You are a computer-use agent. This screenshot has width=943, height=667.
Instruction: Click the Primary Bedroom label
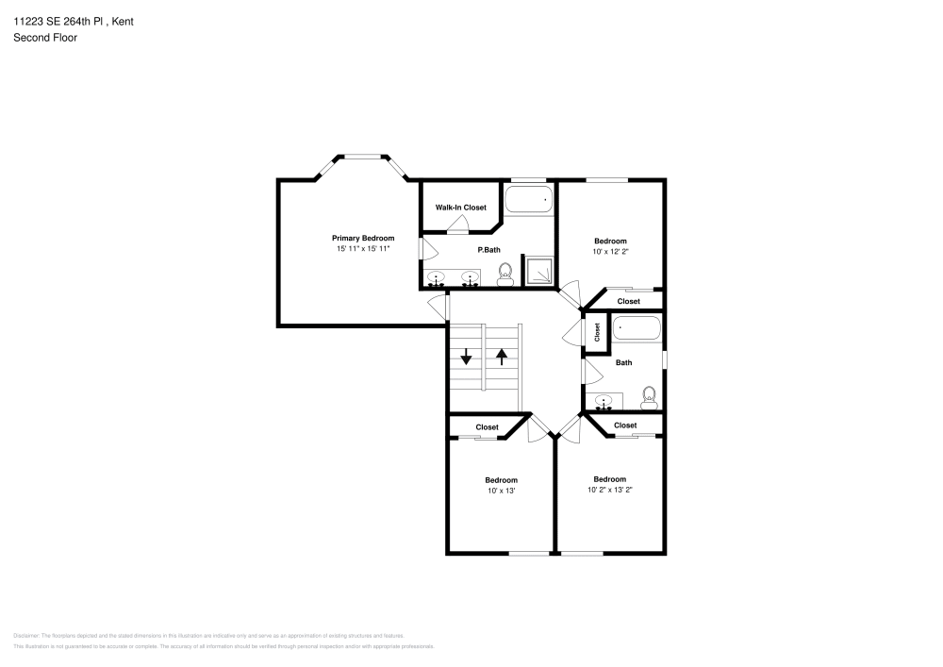pyautogui.click(x=362, y=238)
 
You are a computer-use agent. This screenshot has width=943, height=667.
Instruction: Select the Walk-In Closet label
pyautogui.click(x=460, y=207)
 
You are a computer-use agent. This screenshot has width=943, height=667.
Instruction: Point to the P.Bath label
pyautogui.click(x=488, y=250)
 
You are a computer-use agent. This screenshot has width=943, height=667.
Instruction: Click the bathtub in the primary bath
pyautogui.click(x=528, y=200)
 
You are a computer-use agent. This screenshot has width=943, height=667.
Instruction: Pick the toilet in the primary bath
pyautogui.click(x=505, y=275)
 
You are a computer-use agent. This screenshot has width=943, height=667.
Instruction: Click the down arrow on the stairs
pyautogui.click(x=466, y=357)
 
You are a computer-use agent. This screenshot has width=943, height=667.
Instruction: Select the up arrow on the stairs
pyautogui.click(x=502, y=357)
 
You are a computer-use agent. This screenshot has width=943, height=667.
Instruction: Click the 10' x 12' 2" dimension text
pyautogui.click(x=609, y=252)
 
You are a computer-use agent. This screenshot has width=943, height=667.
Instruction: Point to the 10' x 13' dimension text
pyautogui.click(x=501, y=491)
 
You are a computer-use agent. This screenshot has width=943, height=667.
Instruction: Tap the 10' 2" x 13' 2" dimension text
pyautogui.click(x=609, y=490)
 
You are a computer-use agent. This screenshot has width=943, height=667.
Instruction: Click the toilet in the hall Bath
pyautogui.click(x=649, y=395)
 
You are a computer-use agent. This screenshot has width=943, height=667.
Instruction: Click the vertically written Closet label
pyautogui.click(x=597, y=332)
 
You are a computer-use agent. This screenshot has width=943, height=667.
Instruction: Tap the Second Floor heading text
pyautogui.click(x=45, y=38)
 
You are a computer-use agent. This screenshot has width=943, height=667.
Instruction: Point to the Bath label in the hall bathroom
pyautogui.click(x=623, y=362)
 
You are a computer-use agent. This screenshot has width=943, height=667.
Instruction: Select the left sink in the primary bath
pyautogui.click(x=438, y=277)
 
